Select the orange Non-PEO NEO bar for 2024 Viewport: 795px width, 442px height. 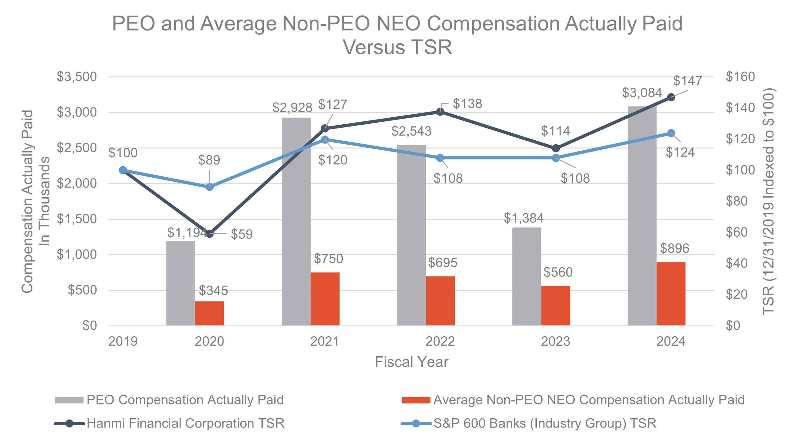tap(671, 294)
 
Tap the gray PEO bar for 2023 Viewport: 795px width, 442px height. tap(526, 277)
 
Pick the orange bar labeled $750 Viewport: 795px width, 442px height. tap(325, 299)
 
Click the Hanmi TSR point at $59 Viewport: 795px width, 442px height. tap(209, 234)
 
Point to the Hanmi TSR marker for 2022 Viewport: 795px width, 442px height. tap(440, 111)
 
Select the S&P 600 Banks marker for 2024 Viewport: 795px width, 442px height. tap(671, 133)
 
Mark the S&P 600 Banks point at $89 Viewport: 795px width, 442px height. tap(209, 187)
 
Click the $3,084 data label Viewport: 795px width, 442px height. tap(642, 93)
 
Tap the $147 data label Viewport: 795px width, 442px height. tap(687, 81)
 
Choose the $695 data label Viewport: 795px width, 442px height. tap(442, 263)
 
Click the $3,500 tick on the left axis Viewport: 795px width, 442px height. tap(77, 77)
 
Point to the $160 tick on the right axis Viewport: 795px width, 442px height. tap(740, 77)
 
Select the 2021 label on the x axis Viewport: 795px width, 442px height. tap(324, 341)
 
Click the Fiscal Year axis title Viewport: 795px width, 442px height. tap(411, 362)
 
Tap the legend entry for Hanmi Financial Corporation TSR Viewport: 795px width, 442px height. tap(185, 423)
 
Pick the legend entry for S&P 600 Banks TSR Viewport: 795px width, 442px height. tap(544, 423)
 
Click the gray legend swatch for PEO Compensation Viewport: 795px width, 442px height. tap(69, 400)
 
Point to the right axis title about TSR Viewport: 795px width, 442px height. tap(768, 201)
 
